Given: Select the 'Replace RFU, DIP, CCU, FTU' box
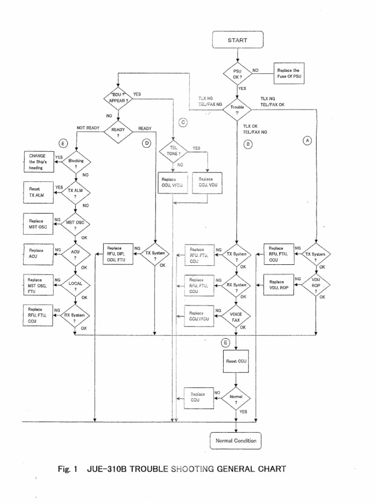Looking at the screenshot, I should tap(118, 254).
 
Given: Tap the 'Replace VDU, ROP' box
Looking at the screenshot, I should tap(280, 285).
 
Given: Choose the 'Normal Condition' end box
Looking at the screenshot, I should tap(236, 441).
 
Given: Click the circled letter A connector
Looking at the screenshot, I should tap(308, 140).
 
